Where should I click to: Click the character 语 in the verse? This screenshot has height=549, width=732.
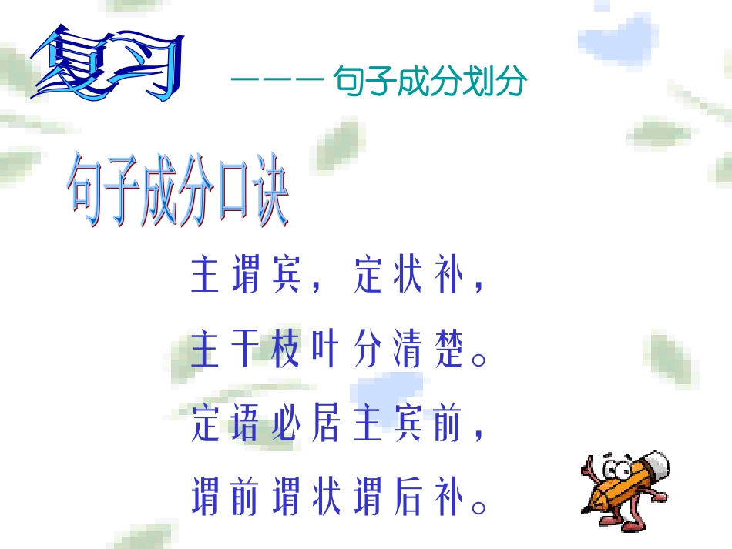(244, 424)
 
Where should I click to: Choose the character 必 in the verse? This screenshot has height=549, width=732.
(284, 424)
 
